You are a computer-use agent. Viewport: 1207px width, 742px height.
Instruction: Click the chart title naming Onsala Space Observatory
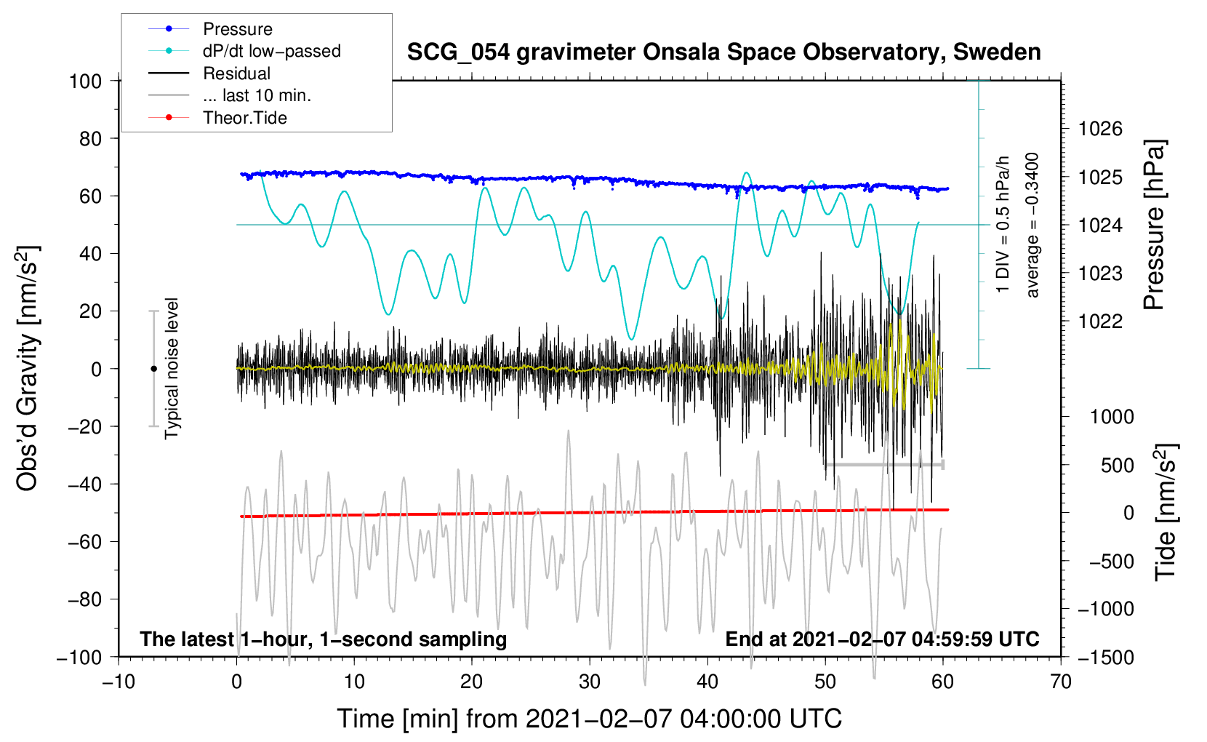pyautogui.click(x=723, y=52)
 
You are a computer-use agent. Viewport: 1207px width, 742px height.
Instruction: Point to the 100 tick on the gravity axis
pyautogui.click(x=85, y=81)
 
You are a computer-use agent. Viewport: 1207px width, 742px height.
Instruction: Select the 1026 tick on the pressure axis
pyautogui.click(x=1100, y=129)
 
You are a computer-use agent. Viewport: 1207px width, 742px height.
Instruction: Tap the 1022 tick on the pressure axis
pyautogui.click(x=1100, y=322)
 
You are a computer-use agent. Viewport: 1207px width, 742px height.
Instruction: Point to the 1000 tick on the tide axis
pyautogui.click(x=1111, y=417)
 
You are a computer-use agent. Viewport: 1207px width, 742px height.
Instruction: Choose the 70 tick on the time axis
pyautogui.click(x=1061, y=682)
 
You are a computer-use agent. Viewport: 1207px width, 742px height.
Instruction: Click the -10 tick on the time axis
pyautogui.click(x=119, y=682)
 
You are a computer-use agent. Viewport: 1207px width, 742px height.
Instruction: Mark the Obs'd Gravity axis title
pyautogui.click(x=28, y=369)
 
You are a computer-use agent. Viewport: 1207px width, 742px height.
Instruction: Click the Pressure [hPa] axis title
pyautogui.click(x=1155, y=225)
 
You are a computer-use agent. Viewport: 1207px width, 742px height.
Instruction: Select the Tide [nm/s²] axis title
pyautogui.click(x=1166, y=512)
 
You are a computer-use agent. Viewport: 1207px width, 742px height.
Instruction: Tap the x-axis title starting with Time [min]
pyautogui.click(x=589, y=719)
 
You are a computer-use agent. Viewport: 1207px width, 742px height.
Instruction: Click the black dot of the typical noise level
pyautogui.click(x=153, y=369)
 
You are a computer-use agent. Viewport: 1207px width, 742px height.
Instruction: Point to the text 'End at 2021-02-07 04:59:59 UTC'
pyautogui.click(x=882, y=639)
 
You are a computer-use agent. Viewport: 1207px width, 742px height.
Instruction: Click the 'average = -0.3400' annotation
pyautogui.click(x=1032, y=225)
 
